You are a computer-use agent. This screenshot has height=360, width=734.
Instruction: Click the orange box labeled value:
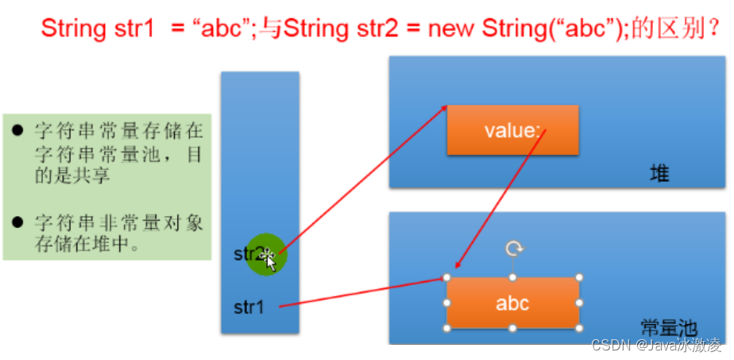512,130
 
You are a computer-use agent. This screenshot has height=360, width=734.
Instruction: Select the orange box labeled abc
512,303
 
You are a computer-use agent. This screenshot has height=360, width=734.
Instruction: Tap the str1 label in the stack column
249,306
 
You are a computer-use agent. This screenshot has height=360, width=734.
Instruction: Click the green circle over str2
265,254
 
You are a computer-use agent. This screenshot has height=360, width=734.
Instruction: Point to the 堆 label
659,173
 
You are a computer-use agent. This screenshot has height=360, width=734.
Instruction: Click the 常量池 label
668,327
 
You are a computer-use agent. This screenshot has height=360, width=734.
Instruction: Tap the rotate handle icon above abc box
514,250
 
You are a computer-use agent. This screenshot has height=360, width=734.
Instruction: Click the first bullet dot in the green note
17,127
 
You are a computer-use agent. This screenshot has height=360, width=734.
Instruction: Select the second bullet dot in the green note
17,222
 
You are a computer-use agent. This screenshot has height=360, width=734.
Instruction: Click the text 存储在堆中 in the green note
83,243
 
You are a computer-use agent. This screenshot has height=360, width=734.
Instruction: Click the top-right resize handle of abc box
579,277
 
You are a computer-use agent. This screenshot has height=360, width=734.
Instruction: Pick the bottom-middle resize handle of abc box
513,327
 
